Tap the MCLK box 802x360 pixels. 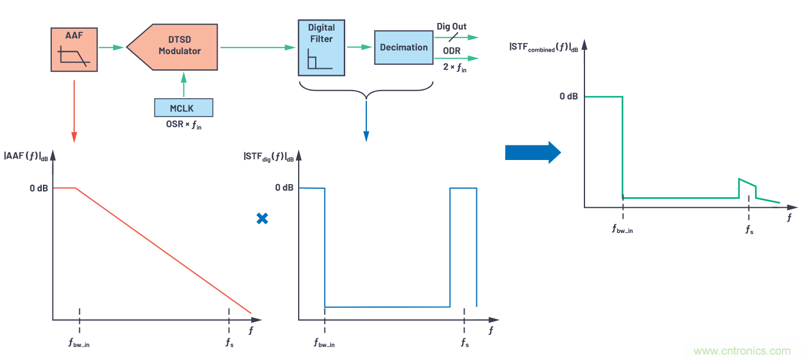[x=183, y=108]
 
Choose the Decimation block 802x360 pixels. [x=403, y=48]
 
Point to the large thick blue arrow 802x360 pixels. [x=533, y=152]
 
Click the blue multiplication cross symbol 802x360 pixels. [x=262, y=218]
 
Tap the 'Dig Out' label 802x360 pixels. [x=452, y=26]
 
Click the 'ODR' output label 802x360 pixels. [x=452, y=51]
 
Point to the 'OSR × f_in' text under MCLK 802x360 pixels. [x=183, y=125]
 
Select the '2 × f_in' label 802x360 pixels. [x=455, y=68]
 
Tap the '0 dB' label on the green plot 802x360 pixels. [x=569, y=96]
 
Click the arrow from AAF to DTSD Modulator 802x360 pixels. [x=112, y=47]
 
